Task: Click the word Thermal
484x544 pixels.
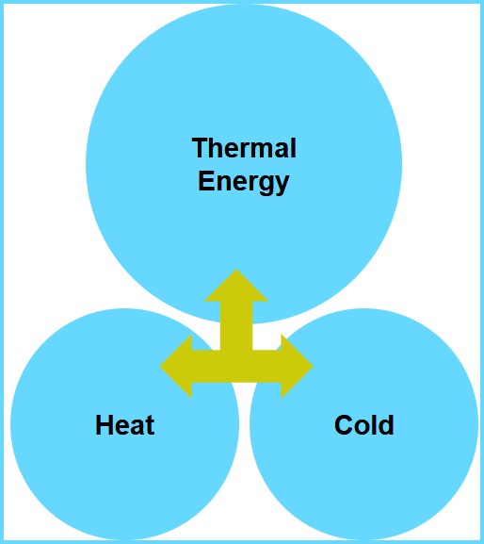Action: [x=244, y=148]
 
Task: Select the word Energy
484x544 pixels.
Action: [x=243, y=182]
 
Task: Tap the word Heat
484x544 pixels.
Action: [x=124, y=425]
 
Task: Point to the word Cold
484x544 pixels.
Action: [x=364, y=425]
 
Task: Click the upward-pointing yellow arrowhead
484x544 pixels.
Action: [x=236, y=286]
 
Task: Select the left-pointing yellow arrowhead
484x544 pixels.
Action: [x=176, y=366]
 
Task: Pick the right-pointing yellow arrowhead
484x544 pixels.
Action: [x=297, y=366]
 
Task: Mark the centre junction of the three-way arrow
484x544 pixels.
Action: [x=236, y=366]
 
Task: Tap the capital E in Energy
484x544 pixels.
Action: [x=205, y=180]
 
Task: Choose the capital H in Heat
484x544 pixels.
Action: [x=105, y=424]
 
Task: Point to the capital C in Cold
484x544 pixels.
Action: [x=344, y=424]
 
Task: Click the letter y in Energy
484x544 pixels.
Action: [x=281, y=186]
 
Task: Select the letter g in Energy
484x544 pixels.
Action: [x=264, y=186]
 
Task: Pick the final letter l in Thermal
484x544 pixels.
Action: [x=294, y=148]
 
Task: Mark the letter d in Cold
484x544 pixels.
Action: [x=386, y=425]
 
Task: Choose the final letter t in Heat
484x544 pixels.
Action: [x=150, y=426]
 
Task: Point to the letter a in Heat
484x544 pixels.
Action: [x=137, y=428]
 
